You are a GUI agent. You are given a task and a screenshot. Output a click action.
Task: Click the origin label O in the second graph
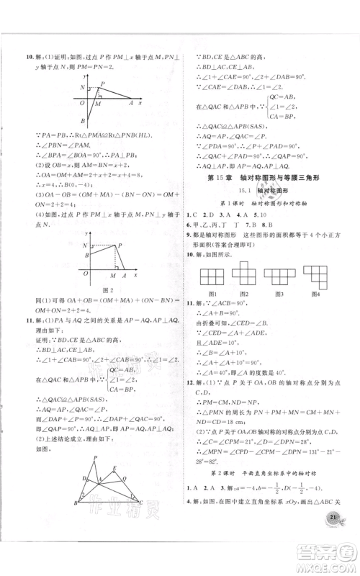84,276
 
